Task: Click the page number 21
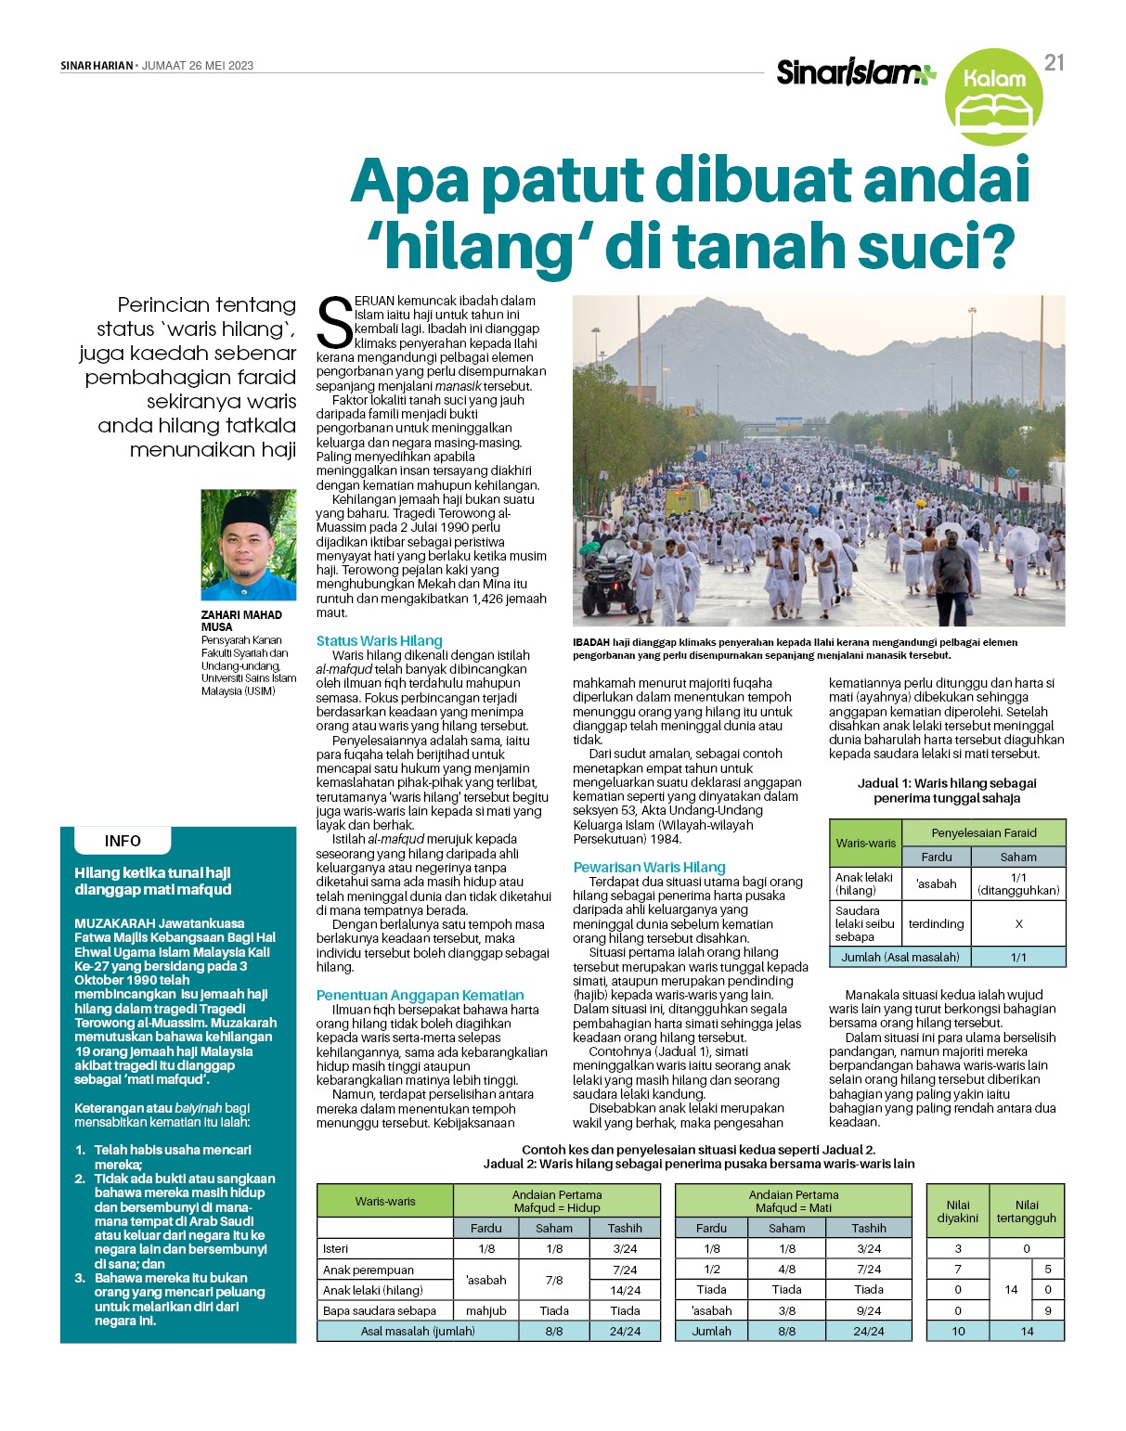[x=1054, y=62]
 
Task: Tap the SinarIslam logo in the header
[x=855, y=71]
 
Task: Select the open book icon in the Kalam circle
[x=993, y=112]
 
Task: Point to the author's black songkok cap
[x=246, y=511]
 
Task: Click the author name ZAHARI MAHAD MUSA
[x=240, y=620]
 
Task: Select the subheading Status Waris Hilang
[x=379, y=640]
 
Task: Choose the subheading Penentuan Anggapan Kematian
[x=420, y=995]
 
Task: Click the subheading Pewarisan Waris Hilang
[x=649, y=867]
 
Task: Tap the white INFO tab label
[x=123, y=841]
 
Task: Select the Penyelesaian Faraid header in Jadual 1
[x=984, y=832]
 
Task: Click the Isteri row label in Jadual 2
[x=336, y=1248]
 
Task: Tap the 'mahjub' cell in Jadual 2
[x=485, y=1310]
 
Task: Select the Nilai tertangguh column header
[x=1026, y=1211]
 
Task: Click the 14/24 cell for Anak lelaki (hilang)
[x=625, y=1290]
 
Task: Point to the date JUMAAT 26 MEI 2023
[x=198, y=66]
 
